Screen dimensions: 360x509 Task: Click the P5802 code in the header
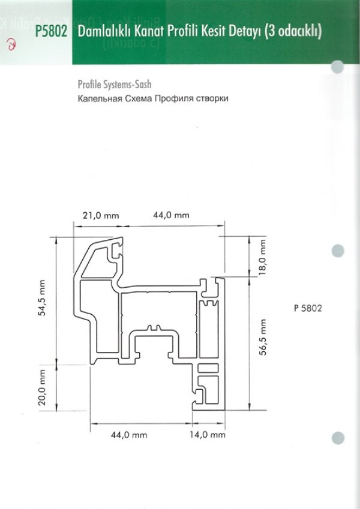pos(51,32)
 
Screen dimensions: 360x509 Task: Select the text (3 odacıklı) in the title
pos(293,32)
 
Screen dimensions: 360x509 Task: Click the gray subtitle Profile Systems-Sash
pos(115,85)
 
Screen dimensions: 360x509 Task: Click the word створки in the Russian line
pos(212,98)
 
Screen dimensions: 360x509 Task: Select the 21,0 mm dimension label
pos(101,216)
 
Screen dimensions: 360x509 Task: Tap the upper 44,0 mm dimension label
pos(171,215)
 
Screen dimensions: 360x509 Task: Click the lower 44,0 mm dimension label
pos(129,435)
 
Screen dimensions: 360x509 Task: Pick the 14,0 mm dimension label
pos(208,435)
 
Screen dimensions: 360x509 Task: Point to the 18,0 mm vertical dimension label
pos(262,257)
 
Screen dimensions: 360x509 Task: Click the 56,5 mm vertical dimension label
pos(263,338)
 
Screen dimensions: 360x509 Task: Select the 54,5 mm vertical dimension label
pos(42,298)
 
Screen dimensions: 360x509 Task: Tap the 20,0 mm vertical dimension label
pos(42,387)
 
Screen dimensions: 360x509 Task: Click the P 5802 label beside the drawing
pos(308,308)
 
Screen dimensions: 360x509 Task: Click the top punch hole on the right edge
pos(338,67)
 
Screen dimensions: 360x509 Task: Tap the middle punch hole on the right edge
pos(338,251)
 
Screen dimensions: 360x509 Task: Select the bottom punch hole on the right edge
pos(338,438)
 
